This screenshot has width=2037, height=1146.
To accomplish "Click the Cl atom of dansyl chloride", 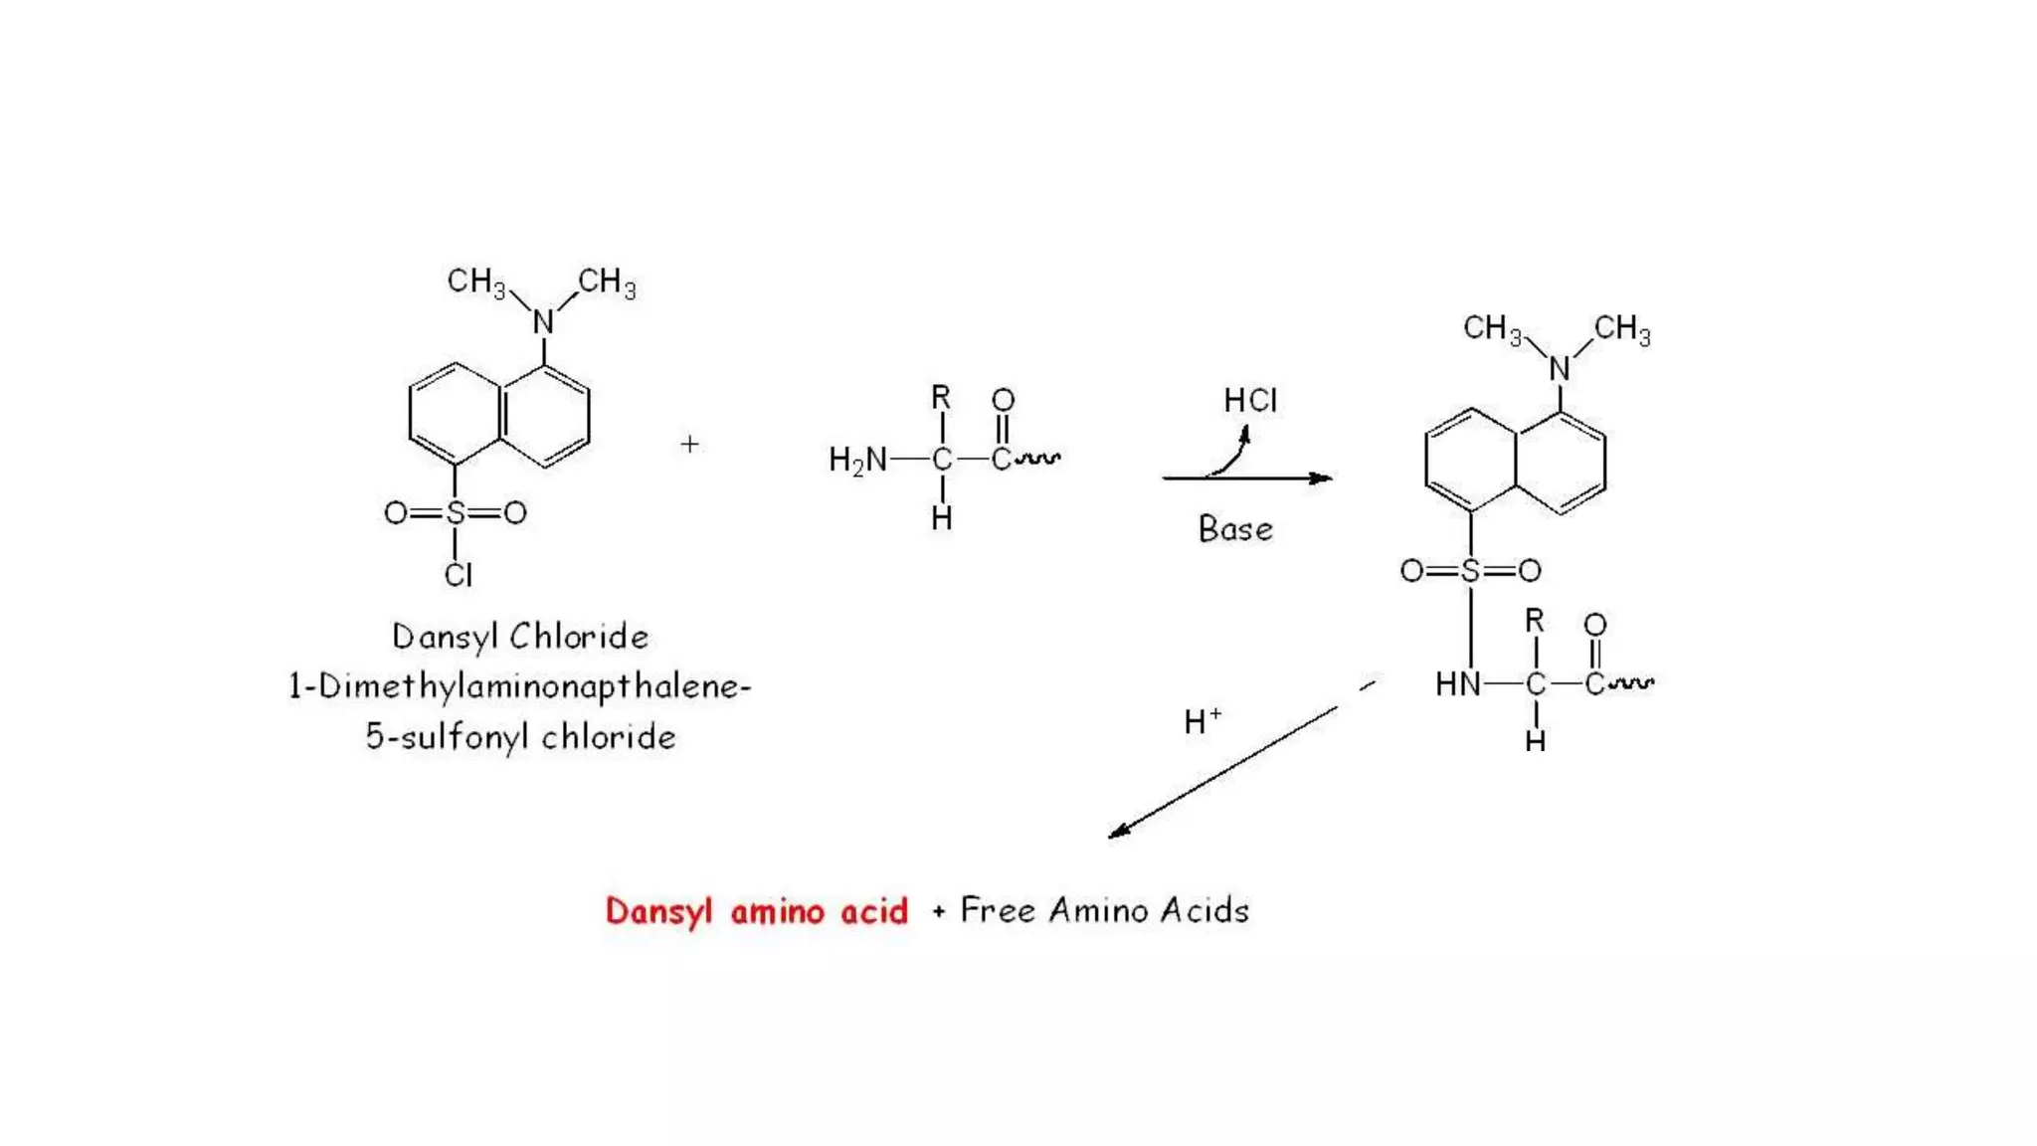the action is pyautogui.click(x=459, y=575).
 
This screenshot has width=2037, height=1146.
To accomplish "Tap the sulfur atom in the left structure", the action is pyautogui.click(x=456, y=513).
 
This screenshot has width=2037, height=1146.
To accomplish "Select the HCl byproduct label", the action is pyautogui.click(x=1250, y=401).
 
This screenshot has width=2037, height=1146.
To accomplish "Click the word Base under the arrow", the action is pyautogui.click(x=1235, y=529).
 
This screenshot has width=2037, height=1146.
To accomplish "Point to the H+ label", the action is pyautogui.click(x=1202, y=721).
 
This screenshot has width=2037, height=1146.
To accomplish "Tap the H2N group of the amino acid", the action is pyautogui.click(x=857, y=460).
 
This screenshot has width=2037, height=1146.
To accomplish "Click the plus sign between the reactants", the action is pyautogui.click(x=689, y=444).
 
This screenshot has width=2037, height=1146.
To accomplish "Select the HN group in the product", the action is pyautogui.click(x=1457, y=684).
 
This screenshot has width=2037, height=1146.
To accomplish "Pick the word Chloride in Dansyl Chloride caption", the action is pyautogui.click(x=580, y=637).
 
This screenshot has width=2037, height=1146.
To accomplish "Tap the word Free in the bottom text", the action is pyautogui.click(x=998, y=910).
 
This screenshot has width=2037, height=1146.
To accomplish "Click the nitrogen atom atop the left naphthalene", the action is pyautogui.click(x=543, y=322).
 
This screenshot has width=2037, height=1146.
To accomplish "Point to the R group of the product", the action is pyautogui.click(x=1535, y=622).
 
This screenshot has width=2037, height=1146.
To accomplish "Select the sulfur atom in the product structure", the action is pyautogui.click(x=1471, y=571).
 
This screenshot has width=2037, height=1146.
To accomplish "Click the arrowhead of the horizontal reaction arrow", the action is pyautogui.click(x=1322, y=478).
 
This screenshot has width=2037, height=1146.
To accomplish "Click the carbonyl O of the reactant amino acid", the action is pyautogui.click(x=1003, y=400).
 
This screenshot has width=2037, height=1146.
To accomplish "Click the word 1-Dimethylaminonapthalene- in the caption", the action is pyautogui.click(x=519, y=686).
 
